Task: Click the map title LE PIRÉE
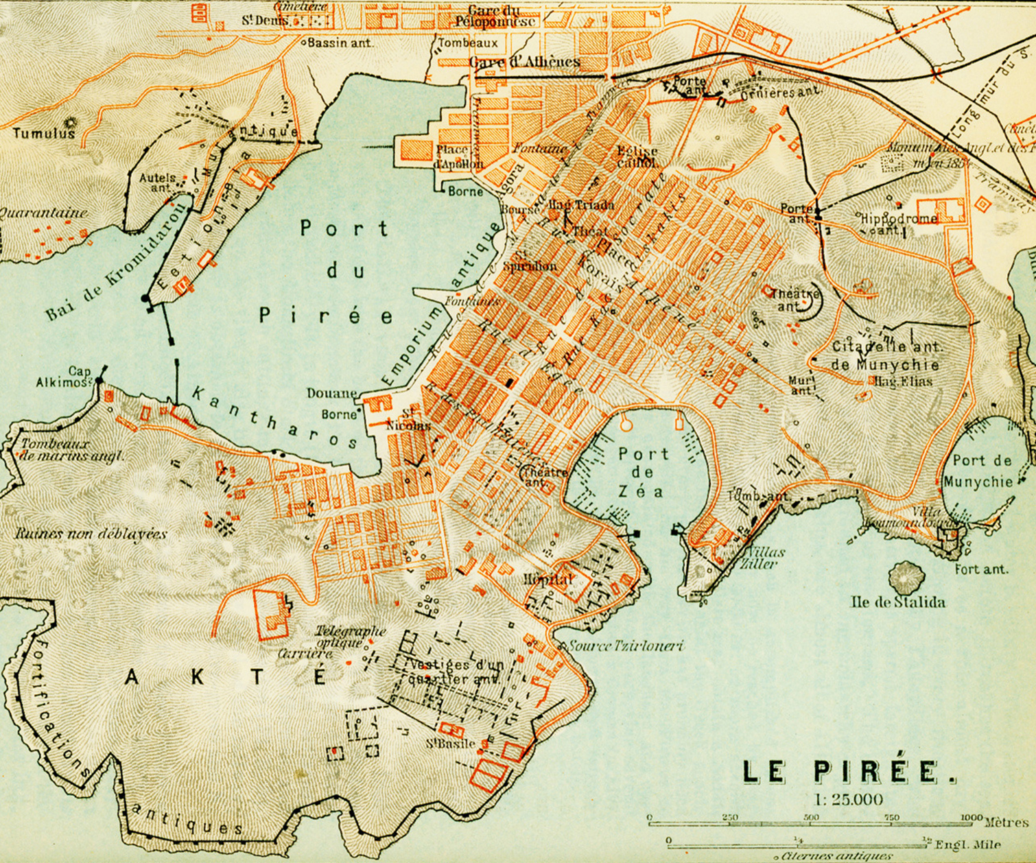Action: [x=849, y=772]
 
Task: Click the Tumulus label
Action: [x=43, y=133]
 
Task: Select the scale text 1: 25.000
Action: [x=849, y=799]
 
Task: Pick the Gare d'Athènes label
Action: [x=525, y=62]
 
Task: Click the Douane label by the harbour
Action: [x=332, y=394]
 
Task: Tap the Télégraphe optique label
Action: [x=351, y=637]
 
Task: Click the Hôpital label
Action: [x=548, y=579]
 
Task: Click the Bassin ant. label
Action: [x=340, y=43]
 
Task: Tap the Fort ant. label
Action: [x=982, y=569]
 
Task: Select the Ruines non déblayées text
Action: [x=91, y=534]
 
